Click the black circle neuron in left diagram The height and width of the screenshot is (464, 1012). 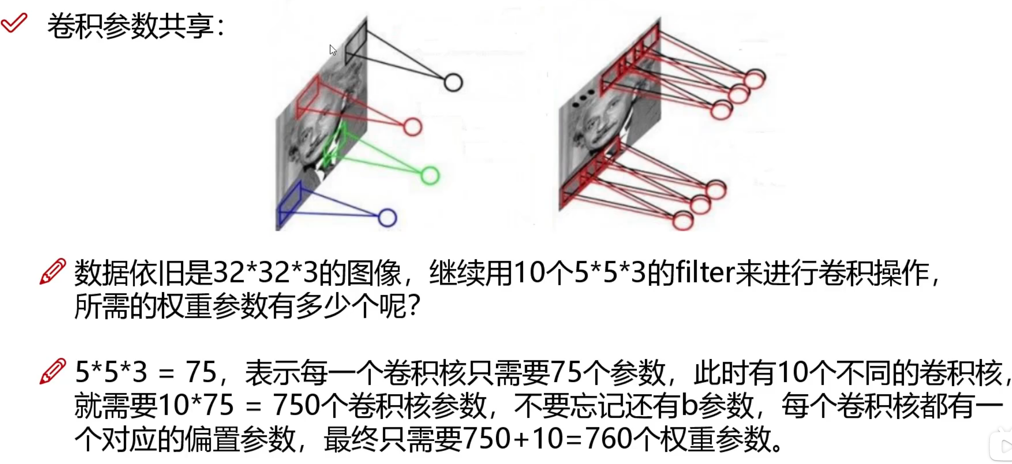pyautogui.click(x=453, y=82)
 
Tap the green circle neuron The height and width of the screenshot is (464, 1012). pyautogui.click(x=430, y=176)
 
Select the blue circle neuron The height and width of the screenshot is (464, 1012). pyautogui.click(x=387, y=218)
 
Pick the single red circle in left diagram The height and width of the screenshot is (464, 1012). pyautogui.click(x=412, y=127)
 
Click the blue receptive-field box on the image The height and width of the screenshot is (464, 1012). pyautogui.click(x=290, y=204)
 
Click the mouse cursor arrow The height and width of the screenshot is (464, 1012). pyautogui.click(x=332, y=50)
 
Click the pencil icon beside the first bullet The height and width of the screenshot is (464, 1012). pyautogui.click(x=53, y=271)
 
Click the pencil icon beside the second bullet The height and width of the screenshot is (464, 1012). pyautogui.click(x=53, y=371)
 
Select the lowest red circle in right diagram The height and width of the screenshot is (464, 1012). pyautogui.click(x=683, y=221)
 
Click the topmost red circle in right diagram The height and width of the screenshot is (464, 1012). pyautogui.click(x=755, y=79)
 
